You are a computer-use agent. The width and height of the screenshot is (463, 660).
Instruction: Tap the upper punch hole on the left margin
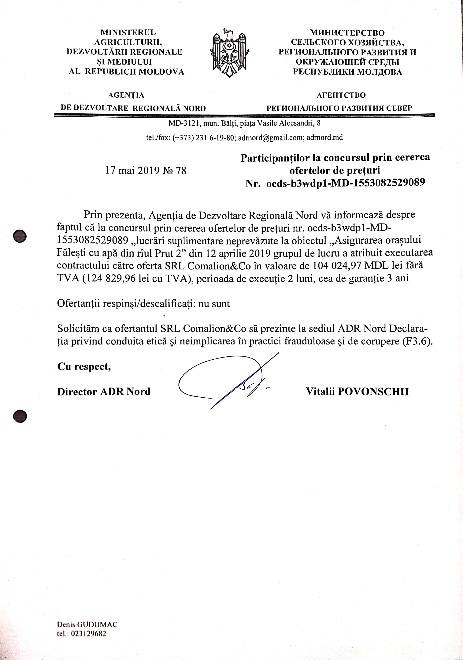point(20,236)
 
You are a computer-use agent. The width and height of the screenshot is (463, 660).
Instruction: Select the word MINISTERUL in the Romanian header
point(128,32)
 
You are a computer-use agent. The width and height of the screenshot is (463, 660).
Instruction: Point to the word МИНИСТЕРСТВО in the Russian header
point(347,33)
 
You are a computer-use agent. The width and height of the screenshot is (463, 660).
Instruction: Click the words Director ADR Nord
point(104,392)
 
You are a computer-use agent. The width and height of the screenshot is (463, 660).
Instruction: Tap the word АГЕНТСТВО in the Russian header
point(341,95)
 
